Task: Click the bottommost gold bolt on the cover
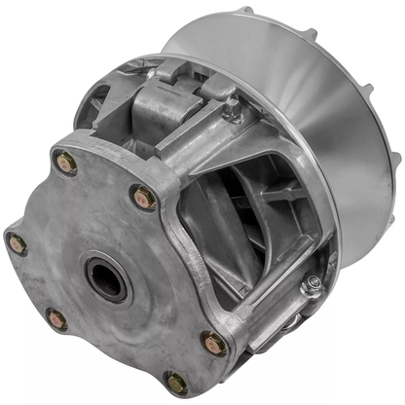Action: tap(175, 383)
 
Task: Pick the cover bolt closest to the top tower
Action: tap(143, 198)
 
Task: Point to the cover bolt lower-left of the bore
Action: tap(56, 318)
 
